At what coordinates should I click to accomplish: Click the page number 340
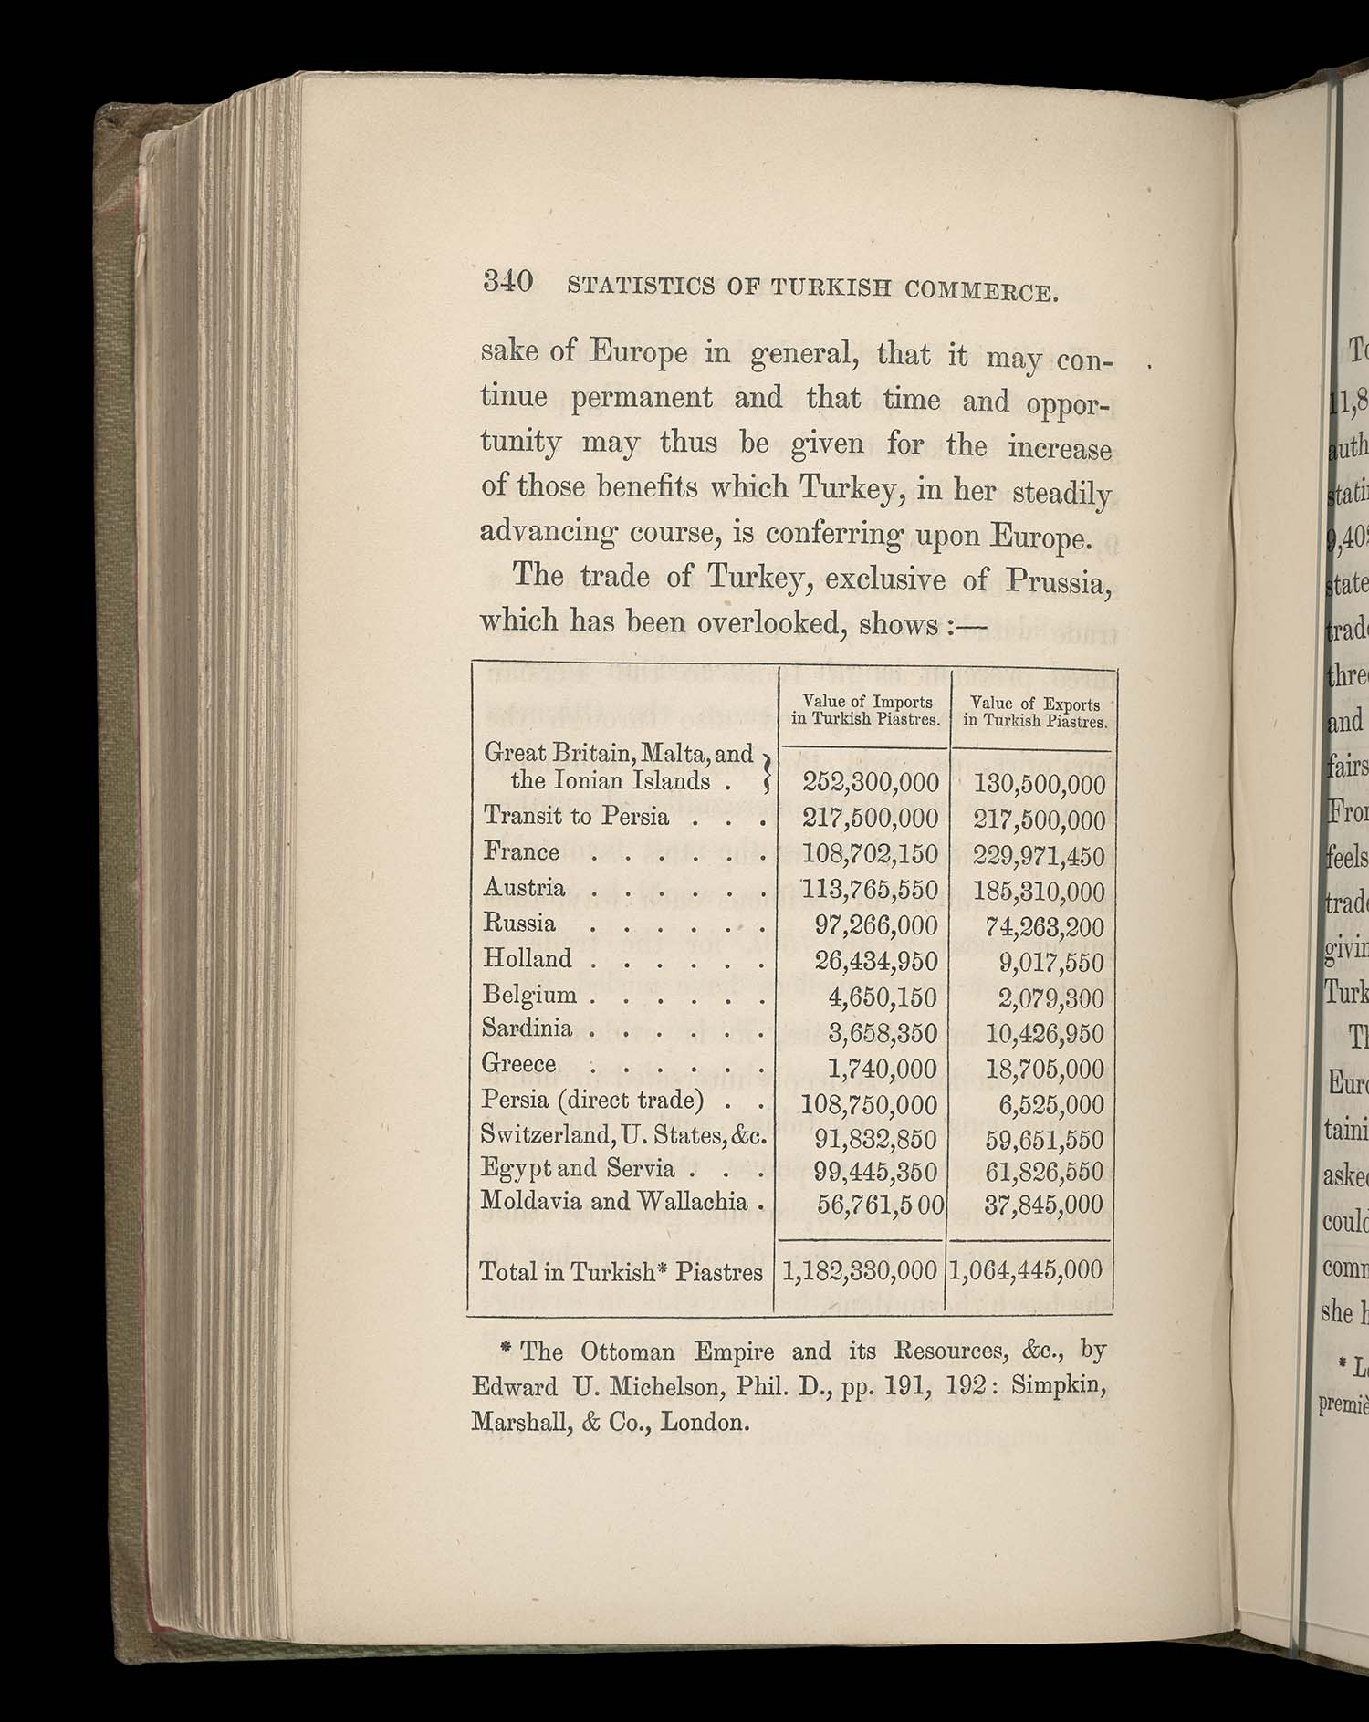pyautogui.click(x=508, y=281)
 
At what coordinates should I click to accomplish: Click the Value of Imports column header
pyautogui.click(x=865, y=710)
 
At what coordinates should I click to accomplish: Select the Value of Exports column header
pyautogui.click(x=1036, y=712)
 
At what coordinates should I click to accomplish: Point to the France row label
pyautogui.click(x=521, y=851)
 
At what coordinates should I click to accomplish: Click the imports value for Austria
pyautogui.click(x=870, y=890)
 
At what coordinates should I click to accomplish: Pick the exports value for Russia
pyautogui.click(x=1044, y=927)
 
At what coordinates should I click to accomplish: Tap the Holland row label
pyautogui.click(x=528, y=959)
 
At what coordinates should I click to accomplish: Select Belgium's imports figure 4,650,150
pyautogui.click(x=883, y=997)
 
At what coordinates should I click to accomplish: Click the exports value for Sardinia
pyautogui.click(x=1044, y=1034)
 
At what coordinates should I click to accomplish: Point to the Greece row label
pyautogui.click(x=519, y=1064)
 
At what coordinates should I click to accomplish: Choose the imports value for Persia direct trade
pyautogui.click(x=869, y=1104)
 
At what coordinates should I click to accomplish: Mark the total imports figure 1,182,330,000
pyautogui.click(x=860, y=1270)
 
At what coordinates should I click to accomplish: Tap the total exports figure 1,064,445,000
pyautogui.click(x=1026, y=1270)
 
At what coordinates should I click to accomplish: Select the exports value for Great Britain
pyautogui.click(x=1040, y=784)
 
